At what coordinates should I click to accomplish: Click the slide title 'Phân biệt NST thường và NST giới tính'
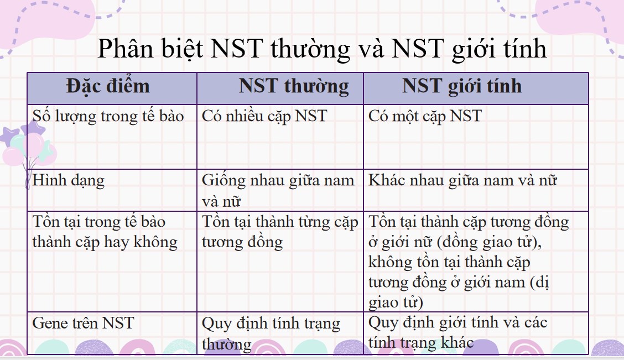[x=322, y=49]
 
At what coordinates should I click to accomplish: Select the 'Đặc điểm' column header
[x=108, y=86]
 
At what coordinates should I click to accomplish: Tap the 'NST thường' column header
[x=294, y=86]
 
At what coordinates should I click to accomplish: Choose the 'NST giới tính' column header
[x=461, y=86]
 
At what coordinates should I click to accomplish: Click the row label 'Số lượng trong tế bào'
[x=108, y=116]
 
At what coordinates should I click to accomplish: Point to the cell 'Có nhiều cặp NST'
[x=264, y=116]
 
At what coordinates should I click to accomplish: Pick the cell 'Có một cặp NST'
[x=425, y=116]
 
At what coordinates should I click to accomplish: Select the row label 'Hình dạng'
[x=69, y=180]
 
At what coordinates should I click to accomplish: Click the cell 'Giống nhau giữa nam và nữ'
[x=278, y=190]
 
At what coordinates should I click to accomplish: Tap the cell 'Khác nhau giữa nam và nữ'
[x=462, y=180]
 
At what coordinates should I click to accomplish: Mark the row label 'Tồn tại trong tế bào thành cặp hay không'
[x=105, y=232]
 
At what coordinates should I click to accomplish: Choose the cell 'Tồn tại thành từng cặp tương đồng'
[x=280, y=232]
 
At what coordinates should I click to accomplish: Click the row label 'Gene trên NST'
[x=84, y=323]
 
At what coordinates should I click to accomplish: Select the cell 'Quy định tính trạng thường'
[x=271, y=333]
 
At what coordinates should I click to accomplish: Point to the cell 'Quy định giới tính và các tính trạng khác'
[x=457, y=332]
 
